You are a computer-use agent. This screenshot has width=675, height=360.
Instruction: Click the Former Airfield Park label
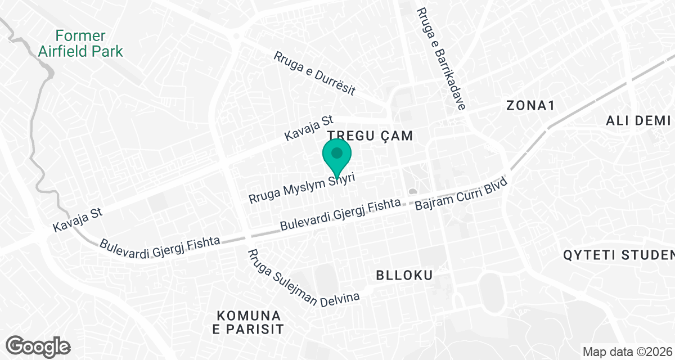click(x=80, y=44)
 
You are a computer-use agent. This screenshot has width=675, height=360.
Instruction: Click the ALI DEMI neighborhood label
click(x=638, y=120)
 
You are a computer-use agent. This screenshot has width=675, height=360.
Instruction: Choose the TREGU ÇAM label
click(x=370, y=136)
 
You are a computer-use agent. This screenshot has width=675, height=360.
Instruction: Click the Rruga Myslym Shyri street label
click(x=304, y=188)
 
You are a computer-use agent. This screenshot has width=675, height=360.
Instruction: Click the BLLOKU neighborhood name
click(x=404, y=276)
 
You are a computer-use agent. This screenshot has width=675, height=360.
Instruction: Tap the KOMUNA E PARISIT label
click(x=249, y=322)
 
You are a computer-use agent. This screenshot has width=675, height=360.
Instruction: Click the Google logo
click(x=39, y=345)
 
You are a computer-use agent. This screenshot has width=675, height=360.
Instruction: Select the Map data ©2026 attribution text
click(x=626, y=352)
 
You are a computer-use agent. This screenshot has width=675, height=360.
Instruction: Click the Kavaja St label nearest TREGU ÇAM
click(x=309, y=129)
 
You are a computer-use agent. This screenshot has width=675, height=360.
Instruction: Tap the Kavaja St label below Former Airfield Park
click(x=76, y=219)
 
